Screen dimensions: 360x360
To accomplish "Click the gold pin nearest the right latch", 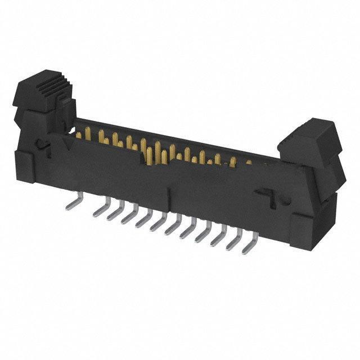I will [248, 163].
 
